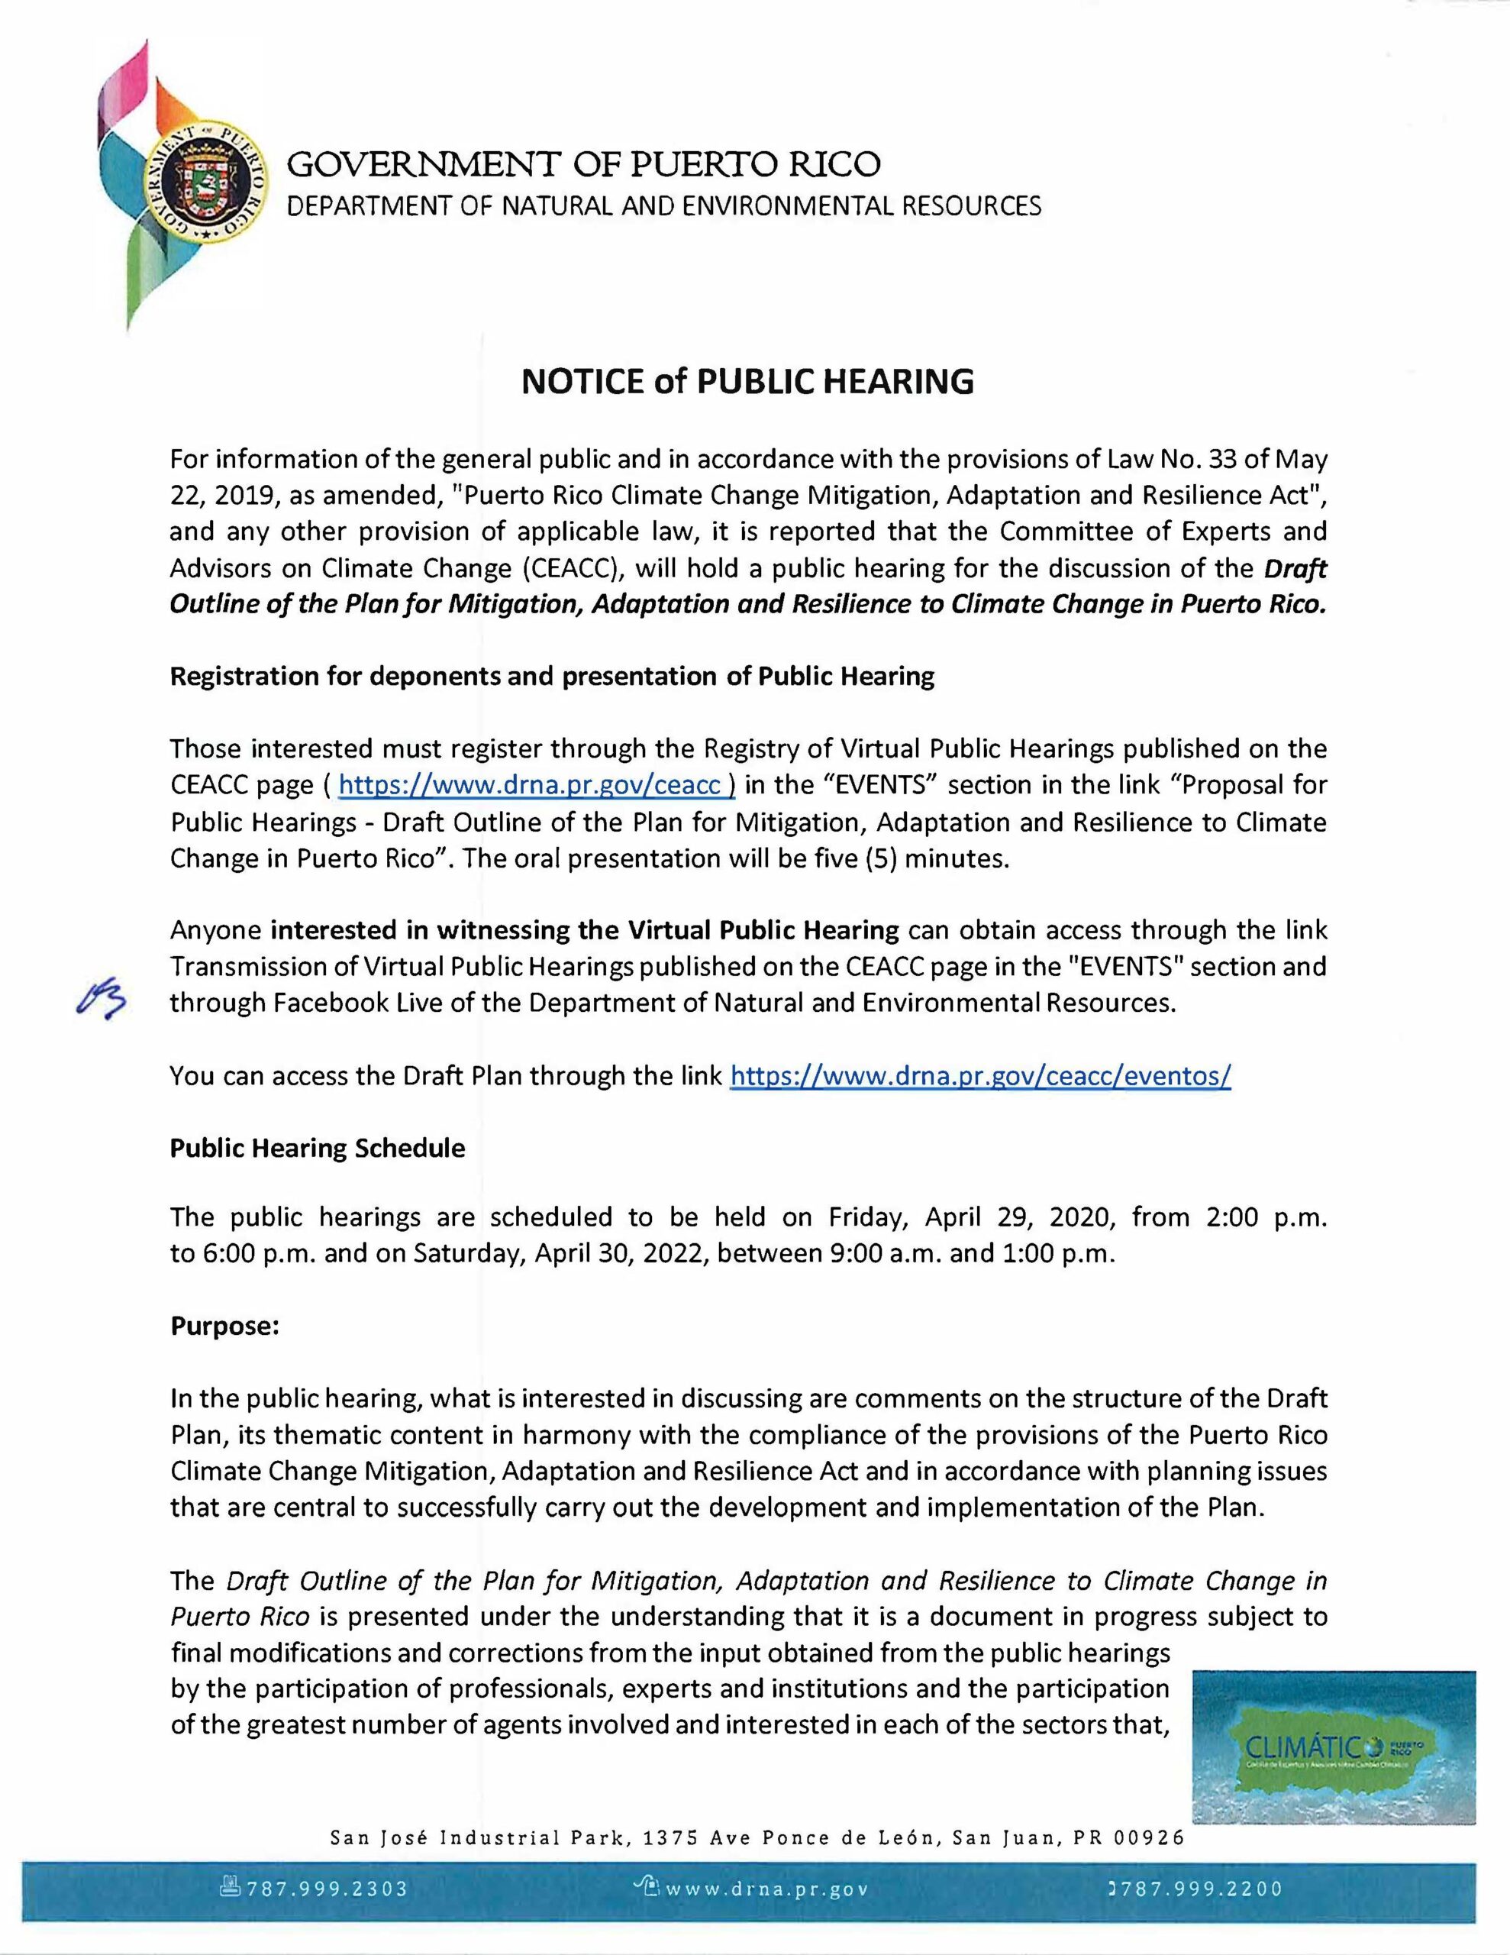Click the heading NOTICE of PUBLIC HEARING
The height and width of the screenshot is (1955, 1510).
click(747, 381)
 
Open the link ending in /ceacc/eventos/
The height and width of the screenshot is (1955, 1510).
click(981, 1075)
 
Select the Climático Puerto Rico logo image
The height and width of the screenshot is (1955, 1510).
click(1335, 1748)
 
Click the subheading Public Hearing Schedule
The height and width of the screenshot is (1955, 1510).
click(318, 1149)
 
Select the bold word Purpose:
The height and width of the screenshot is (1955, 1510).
click(225, 1326)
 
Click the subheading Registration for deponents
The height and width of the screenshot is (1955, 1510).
click(551, 677)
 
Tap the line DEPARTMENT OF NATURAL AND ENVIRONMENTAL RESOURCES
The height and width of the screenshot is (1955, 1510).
click(663, 206)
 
